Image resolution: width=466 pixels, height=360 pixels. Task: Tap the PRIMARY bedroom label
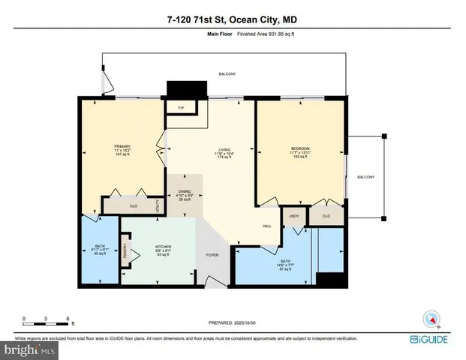tap(122, 146)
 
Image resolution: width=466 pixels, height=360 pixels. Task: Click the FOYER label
tap(212, 254)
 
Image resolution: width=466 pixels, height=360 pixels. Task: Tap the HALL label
tap(266, 226)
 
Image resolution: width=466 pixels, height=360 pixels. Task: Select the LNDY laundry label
tap(293, 216)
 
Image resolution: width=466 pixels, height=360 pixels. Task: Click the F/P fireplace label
tap(181, 108)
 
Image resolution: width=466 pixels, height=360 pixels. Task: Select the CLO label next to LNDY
tap(326, 216)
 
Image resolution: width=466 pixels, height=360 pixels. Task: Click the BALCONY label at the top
tap(227, 73)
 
